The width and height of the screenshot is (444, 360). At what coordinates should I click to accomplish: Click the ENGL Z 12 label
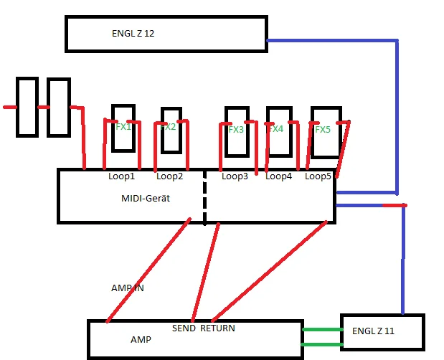click(x=133, y=34)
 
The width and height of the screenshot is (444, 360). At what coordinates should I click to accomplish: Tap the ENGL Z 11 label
click(x=373, y=331)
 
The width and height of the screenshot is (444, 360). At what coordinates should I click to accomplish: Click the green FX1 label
click(x=123, y=126)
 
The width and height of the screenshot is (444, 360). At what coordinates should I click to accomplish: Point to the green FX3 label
click(x=236, y=130)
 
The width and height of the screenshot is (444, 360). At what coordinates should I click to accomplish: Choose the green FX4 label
click(x=276, y=129)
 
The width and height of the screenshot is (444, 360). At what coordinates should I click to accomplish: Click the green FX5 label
click(x=323, y=130)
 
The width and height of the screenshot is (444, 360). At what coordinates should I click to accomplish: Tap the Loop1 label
click(x=121, y=176)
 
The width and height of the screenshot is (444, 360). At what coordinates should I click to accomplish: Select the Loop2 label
click(x=170, y=176)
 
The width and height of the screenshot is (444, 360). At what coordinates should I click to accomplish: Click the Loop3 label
click(x=235, y=176)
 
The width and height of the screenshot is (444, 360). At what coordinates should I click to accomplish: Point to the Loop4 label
click(x=279, y=176)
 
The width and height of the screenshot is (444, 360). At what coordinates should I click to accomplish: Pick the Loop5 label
click(x=318, y=176)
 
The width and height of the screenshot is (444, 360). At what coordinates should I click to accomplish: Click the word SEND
click(x=184, y=328)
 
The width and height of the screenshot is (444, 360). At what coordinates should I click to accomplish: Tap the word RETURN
click(x=217, y=328)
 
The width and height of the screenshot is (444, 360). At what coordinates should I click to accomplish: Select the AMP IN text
click(x=127, y=287)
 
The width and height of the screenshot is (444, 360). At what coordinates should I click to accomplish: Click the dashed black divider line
click(x=204, y=197)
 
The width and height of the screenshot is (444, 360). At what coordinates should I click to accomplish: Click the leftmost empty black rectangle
click(x=27, y=107)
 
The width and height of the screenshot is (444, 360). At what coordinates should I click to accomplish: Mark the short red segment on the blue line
click(x=393, y=206)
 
